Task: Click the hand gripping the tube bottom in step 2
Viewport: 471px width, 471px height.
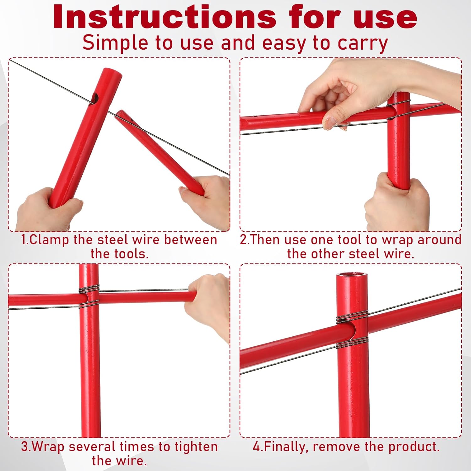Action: [397, 201]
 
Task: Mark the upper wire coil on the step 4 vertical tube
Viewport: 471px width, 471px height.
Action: [352, 319]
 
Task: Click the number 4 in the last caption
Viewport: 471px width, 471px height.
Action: [257, 447]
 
